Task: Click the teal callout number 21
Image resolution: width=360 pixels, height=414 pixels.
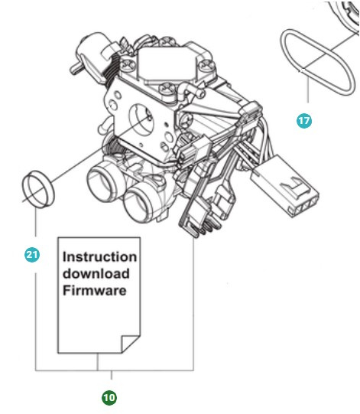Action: [33, 256]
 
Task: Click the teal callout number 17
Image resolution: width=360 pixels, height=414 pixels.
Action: [304, 122]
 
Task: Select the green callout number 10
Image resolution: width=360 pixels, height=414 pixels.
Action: [110, 397]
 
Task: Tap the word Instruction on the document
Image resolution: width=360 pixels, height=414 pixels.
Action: [99, 257]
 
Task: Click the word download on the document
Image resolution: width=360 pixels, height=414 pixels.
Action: [96, 274]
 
